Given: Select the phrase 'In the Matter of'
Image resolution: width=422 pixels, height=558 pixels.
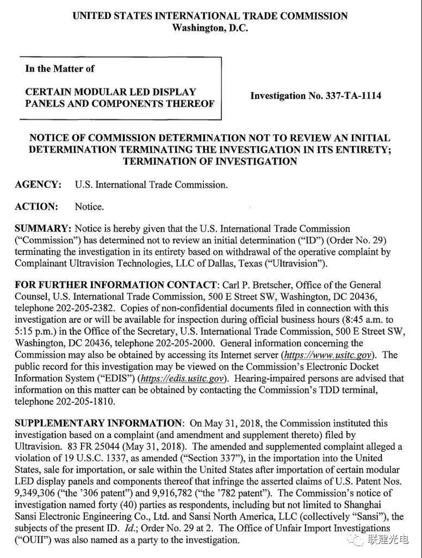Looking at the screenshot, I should coord(60,68).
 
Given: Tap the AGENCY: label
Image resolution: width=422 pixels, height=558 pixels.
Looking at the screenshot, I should coord(38,185).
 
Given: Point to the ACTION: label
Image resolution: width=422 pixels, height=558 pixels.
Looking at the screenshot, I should coord(36,206).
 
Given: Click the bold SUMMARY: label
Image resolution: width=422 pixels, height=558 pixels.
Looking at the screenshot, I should coord(43,229).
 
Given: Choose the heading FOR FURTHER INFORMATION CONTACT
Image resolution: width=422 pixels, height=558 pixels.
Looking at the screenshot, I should coord(115,285).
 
